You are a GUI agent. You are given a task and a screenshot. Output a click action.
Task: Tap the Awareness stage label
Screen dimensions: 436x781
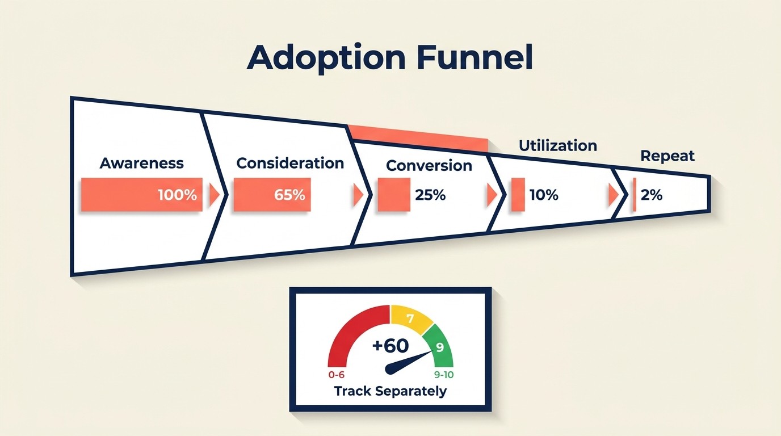[141, 163]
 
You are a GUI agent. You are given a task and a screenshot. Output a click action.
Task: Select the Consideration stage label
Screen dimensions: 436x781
[290, 163]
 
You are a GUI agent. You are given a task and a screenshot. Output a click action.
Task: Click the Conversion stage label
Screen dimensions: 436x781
[429, 165]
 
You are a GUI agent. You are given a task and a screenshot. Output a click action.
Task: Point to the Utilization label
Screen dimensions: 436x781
[557, 146]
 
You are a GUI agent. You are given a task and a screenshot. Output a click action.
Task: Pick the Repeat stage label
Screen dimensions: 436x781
[667, 156]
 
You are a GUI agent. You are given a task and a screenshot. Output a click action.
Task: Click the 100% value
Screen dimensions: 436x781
[177, 195]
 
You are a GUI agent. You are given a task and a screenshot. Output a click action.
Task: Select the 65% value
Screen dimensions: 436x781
[289, 195]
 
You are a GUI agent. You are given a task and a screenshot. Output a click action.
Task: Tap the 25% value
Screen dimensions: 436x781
[430, 195]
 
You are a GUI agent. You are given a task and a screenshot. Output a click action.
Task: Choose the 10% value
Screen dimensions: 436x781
[544, 195]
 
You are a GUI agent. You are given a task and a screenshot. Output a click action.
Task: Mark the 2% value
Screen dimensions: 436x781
[651, 195]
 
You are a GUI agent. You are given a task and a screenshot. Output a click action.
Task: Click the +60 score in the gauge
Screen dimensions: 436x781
[390, 346]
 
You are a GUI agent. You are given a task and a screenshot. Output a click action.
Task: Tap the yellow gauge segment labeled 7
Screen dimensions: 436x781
[410, 319]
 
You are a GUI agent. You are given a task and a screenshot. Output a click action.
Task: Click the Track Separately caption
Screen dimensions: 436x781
[390, 391]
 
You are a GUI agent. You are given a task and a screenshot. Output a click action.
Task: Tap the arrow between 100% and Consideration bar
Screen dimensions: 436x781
[214, 195]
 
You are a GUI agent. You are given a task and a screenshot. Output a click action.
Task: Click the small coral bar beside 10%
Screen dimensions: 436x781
[517, 195]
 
